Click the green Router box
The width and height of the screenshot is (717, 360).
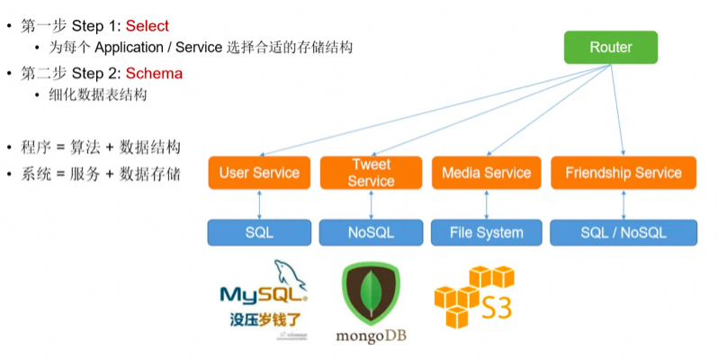coord(611,48)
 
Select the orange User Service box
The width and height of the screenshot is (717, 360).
coord(259,173)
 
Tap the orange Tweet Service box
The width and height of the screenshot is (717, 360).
coord(371,173)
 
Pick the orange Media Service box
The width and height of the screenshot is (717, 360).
coord(486,173)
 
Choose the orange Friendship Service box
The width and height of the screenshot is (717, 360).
coord(623,173)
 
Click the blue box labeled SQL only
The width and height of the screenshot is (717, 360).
coord(259,232)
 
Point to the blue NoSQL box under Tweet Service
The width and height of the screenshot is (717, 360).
coord(371,232)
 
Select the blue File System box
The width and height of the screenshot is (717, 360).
coord(486,232)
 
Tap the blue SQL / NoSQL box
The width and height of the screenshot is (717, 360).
coord(623,232)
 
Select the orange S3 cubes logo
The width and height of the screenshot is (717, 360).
coord(472,297)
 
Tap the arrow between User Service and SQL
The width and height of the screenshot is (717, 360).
coord(259,203)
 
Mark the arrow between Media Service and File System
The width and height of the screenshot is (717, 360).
coord(486,203)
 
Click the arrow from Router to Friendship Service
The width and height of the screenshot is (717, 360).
coord(619,108)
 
